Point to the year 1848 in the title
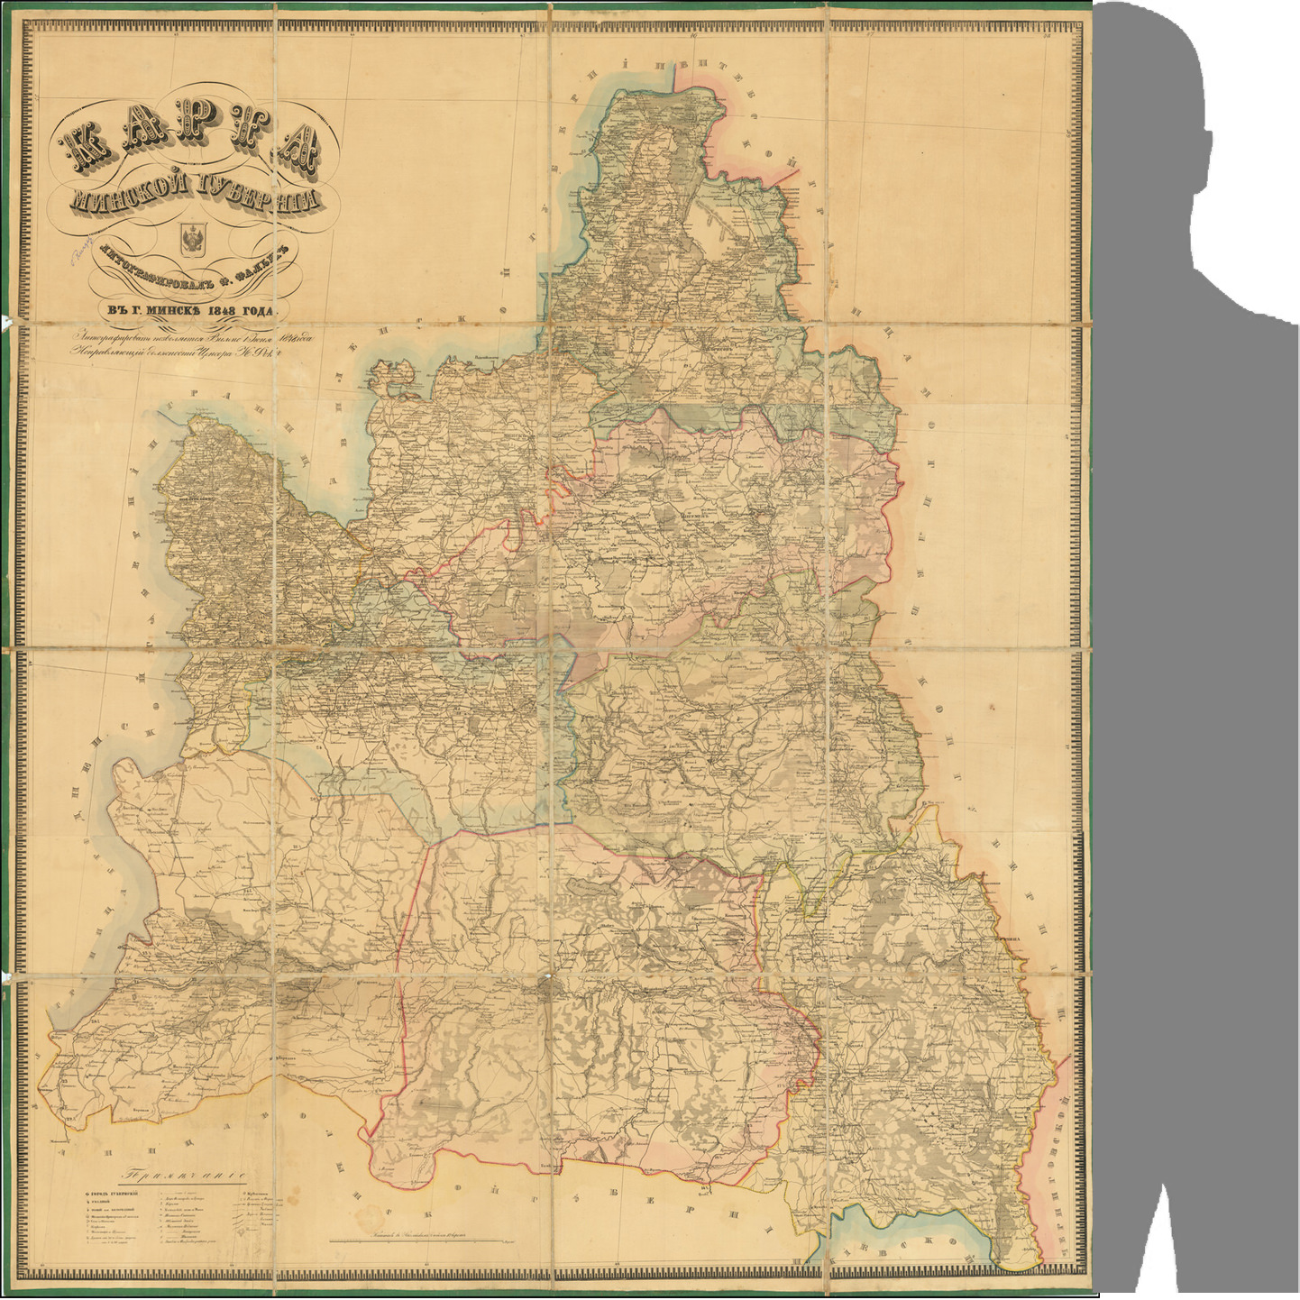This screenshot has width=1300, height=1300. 229,311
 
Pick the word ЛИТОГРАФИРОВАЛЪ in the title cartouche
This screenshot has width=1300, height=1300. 140,274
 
